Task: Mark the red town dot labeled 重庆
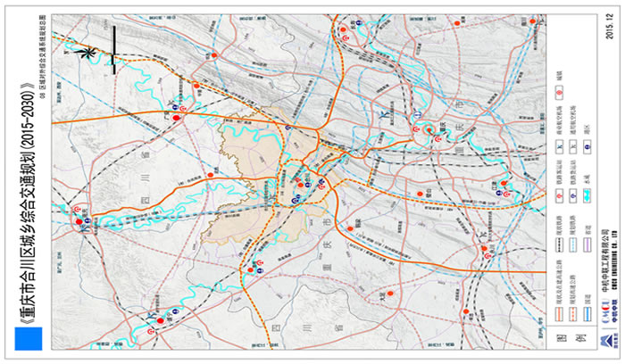click(x=428, y=130)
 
